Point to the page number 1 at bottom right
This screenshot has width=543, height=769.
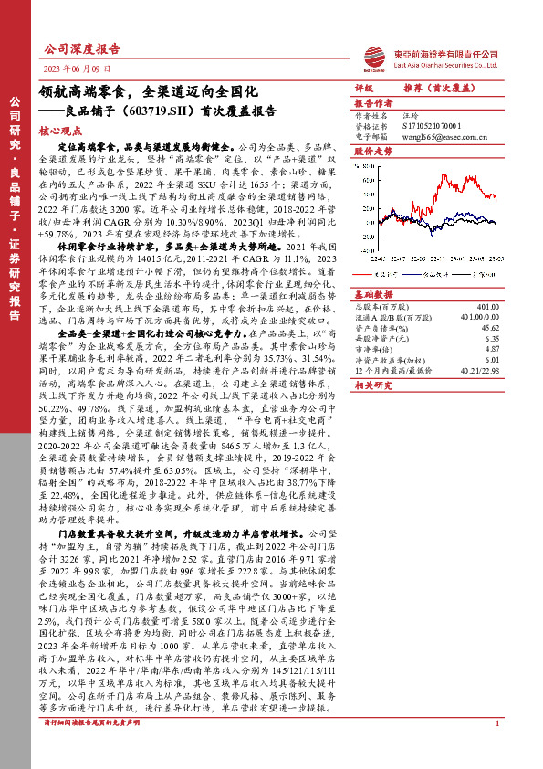pyautogui.click(x=496, y=749)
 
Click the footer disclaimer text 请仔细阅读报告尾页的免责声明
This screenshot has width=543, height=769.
pyautogui.click(x=86, y=749)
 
